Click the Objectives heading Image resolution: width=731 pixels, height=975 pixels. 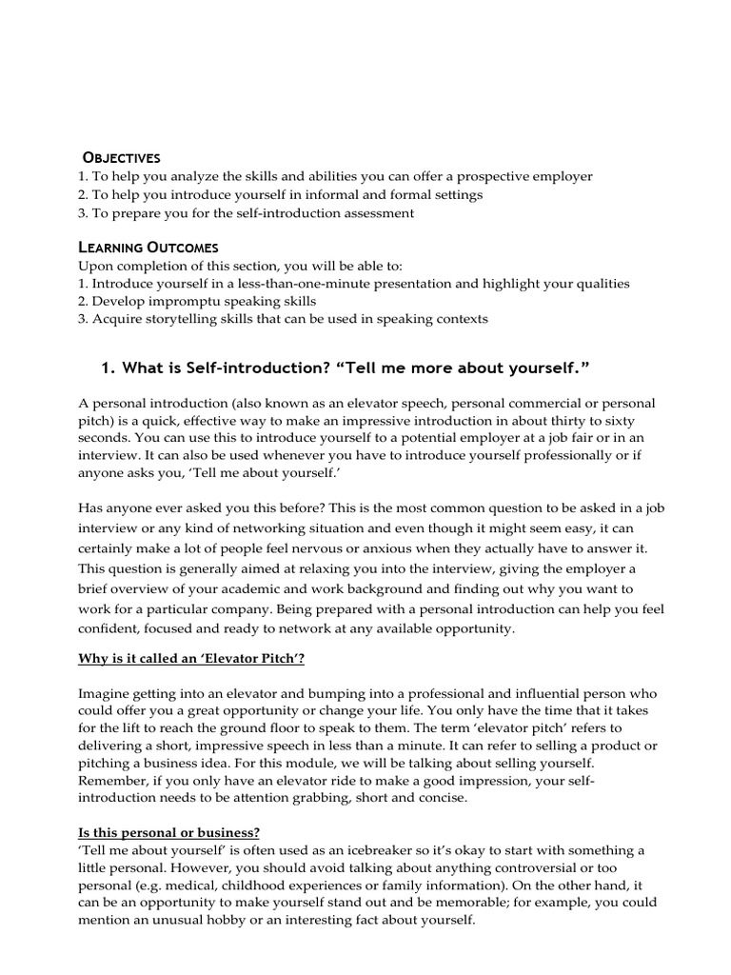point(122,157)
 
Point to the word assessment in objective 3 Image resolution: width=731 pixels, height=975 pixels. point(376,212)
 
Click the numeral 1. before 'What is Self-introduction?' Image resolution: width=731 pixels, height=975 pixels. point(107,368)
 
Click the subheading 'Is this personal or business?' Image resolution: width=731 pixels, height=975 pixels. point(169,831)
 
